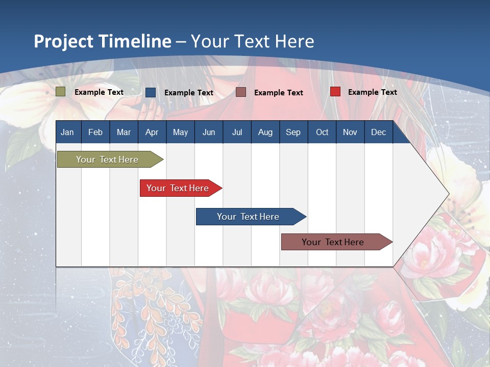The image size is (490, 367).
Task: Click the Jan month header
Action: click(67, 133)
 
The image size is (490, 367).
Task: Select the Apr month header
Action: click(152, 133)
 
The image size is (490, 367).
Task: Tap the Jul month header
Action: click(237, 133)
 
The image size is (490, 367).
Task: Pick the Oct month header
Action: click(322, 133)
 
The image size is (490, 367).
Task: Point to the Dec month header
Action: click(378, 133)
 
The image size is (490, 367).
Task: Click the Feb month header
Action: click(95, 133)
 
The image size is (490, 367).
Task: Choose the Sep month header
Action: click(293, 133)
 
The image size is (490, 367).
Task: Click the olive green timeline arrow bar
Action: click(110, 159)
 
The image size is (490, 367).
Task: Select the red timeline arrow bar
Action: click(181, 188)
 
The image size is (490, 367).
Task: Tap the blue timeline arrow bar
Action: click(251, 217)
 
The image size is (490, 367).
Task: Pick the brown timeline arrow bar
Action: click(337, 242)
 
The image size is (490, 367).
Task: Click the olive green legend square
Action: click(60, 92)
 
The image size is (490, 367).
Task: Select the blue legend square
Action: click(151, 92)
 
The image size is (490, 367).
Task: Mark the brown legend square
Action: click(240, 92)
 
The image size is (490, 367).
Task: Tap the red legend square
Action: click(335, 91)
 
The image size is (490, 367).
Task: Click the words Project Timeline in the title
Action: click(103, 41)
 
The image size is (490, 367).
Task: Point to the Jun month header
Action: click(209, 133)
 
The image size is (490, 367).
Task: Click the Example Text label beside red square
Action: click(373, 92)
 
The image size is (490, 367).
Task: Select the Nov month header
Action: click(350, 133)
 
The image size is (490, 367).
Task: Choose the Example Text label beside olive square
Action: click(99, 92)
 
